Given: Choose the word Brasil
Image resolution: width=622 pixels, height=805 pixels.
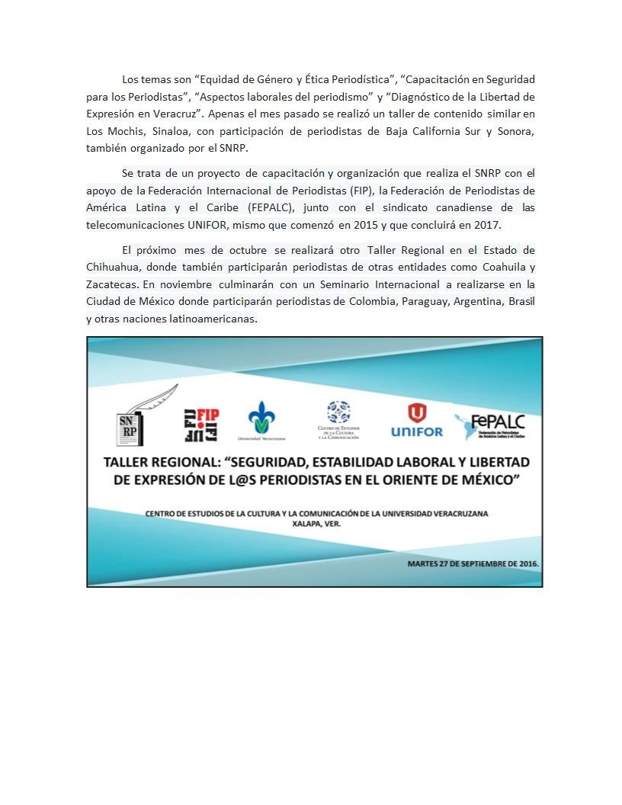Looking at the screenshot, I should tap(521, 302).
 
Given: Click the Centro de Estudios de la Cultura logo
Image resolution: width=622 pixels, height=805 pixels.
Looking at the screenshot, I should tap(338, 420).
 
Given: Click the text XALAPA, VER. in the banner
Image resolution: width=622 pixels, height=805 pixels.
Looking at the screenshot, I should tap(316, 524).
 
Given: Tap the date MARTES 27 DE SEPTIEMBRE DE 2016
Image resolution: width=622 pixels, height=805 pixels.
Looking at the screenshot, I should tap(473, 563).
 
